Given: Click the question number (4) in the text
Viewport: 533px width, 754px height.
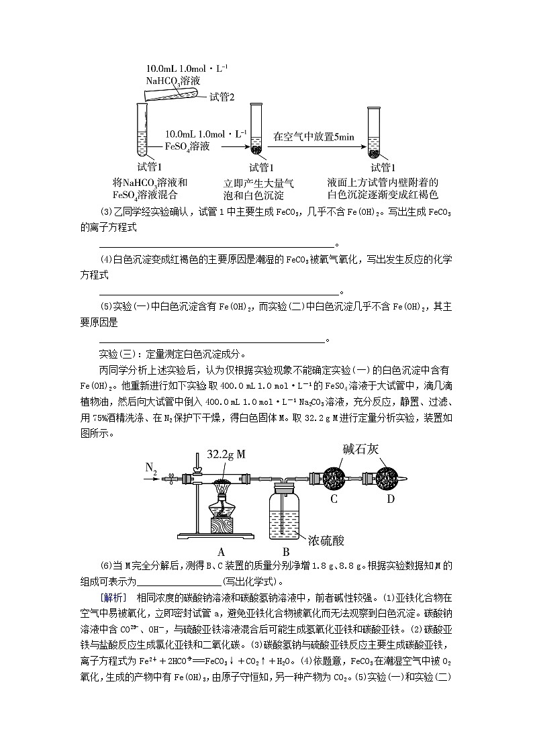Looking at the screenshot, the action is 106,260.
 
